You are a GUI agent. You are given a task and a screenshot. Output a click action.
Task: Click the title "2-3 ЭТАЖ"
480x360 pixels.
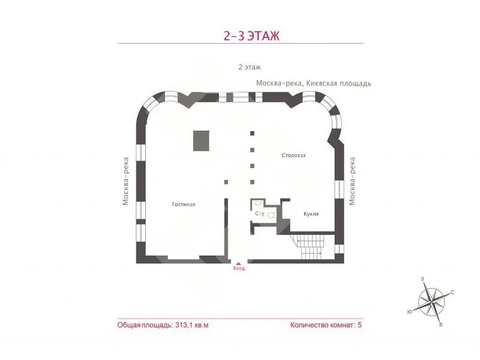pyautogui.click(x=251, y=36)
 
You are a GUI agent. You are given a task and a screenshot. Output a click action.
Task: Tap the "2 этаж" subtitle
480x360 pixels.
pyautogui.click(x=250, y=67)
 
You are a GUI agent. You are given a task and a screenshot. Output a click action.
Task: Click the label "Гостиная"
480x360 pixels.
pyautogui.click(x=184, y=205)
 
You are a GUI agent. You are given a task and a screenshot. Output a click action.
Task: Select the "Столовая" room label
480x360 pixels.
pyautogui.click(x=293, y=155)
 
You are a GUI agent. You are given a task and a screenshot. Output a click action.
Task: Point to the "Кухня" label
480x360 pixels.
pyautogui.click(x=311, y=214)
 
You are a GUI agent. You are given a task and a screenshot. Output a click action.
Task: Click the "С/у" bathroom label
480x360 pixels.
pyautogui.click(x=260, y=214)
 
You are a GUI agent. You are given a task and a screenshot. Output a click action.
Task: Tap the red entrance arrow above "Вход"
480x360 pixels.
pyautogui.click(x=239, y=263)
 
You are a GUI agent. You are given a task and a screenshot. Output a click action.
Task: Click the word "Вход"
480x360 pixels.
pyautogui.click(x=239, y=268)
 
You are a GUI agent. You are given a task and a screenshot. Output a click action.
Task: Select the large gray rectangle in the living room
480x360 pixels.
pyautogui.click(x=201, y=141)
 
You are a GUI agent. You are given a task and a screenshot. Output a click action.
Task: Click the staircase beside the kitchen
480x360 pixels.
pyautogui.click(x=310, y=247)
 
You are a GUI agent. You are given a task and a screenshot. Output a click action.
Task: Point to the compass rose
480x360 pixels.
pyautogui.click(x=431, y=302)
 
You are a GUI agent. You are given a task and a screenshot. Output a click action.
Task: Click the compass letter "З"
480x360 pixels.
pyautogui.click(x=422, y=279)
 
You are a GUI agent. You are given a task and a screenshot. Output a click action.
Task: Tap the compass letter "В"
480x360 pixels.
pyautogui.click(x=441, y=325)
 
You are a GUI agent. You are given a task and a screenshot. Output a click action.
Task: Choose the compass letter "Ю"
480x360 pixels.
pyautogui.click(x=410, y=312)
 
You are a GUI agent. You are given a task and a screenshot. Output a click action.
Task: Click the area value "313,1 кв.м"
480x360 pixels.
pyautogui.click(x=192, y=325)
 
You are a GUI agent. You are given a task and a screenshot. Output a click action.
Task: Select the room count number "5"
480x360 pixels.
pyautogui.click(x=359, y=325)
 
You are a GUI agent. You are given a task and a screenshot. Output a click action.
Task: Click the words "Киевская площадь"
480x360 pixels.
pyautogui.click(x=339, y=83)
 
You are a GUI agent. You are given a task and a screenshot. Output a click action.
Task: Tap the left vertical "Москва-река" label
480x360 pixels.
pyautogui.click(x=125, y=181)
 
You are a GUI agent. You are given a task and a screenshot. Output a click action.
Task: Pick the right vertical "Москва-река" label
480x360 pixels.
pyautogui.click(x=352, y=181)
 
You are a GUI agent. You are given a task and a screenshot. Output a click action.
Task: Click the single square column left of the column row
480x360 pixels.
pyautogui.click(x=226, y=182)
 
